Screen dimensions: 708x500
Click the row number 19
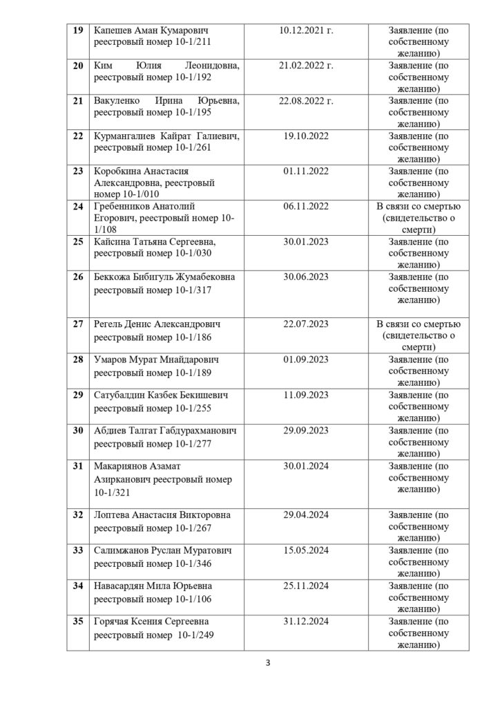[x=78, y=31]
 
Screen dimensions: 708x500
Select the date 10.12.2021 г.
[x=306, y=31]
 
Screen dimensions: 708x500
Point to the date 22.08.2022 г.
[x=306, y=101]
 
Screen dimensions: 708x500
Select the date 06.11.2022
[x=306, y=206]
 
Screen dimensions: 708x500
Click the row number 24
[x=78, y=206]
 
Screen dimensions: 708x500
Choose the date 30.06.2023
[x=306, y=277]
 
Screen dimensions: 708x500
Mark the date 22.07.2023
[x=306, y=324]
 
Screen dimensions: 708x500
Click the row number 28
[x=78, y=360]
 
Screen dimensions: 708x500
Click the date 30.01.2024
[x=306, y=465]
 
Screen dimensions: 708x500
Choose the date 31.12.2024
[x=306, y=620]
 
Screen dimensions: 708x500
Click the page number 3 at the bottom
[x=267, y=665]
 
